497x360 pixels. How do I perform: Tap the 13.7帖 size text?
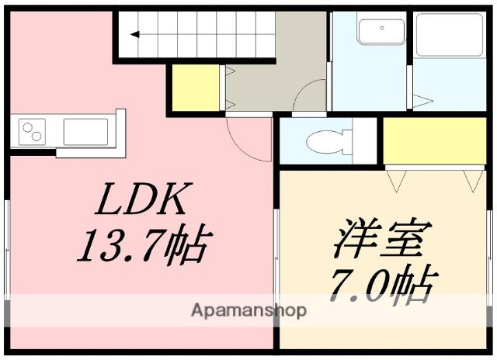[141, 246]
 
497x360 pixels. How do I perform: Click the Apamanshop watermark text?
[248, 311]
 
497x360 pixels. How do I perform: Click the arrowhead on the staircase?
[134, 34]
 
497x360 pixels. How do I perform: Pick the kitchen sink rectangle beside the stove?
[85, 132]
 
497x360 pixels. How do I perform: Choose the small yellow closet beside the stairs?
[196, 88]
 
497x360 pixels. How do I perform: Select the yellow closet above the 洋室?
[434, 140]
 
